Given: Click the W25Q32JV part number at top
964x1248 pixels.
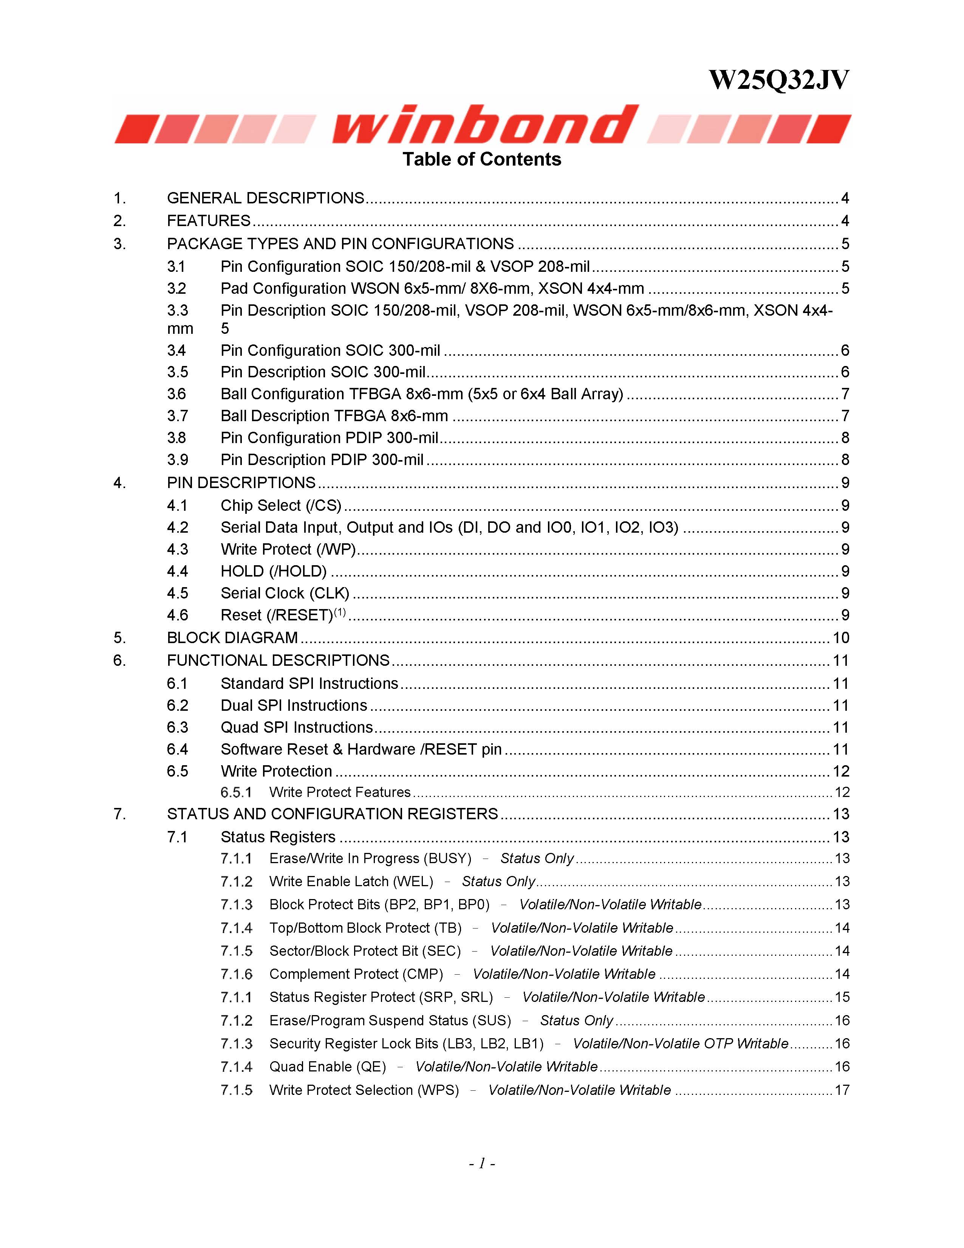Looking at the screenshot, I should (x=778, y=81).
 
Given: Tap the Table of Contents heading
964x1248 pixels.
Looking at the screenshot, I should (x=481, y=160).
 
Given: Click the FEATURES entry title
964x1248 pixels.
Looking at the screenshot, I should (x=209, y=221).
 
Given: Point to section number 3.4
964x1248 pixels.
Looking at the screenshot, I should (x=177, y=350).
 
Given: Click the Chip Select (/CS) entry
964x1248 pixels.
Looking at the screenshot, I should (x=281, y=506).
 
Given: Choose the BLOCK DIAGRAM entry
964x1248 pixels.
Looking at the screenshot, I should (x=232, y=638).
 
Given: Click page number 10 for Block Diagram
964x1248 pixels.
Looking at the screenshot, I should (x=841, y=638).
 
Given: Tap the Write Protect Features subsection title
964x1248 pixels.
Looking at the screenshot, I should (x=340, y=792).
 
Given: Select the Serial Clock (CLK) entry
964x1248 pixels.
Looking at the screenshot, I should (x=285, y=594).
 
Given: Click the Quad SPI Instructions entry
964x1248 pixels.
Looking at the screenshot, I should (x=296, y=727).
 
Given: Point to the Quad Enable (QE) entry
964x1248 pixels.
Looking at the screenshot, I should (x=327, y=1067).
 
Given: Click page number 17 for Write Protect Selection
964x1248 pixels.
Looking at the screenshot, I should (x=842, y=1090).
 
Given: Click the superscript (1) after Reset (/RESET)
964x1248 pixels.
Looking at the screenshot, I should (x=340, y=612).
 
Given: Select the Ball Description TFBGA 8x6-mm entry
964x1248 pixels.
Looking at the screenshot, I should (x=334, y=416).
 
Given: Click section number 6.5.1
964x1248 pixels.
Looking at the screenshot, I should (x=236, y=792).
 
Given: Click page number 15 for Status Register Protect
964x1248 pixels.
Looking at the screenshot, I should (x=842, y=997).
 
